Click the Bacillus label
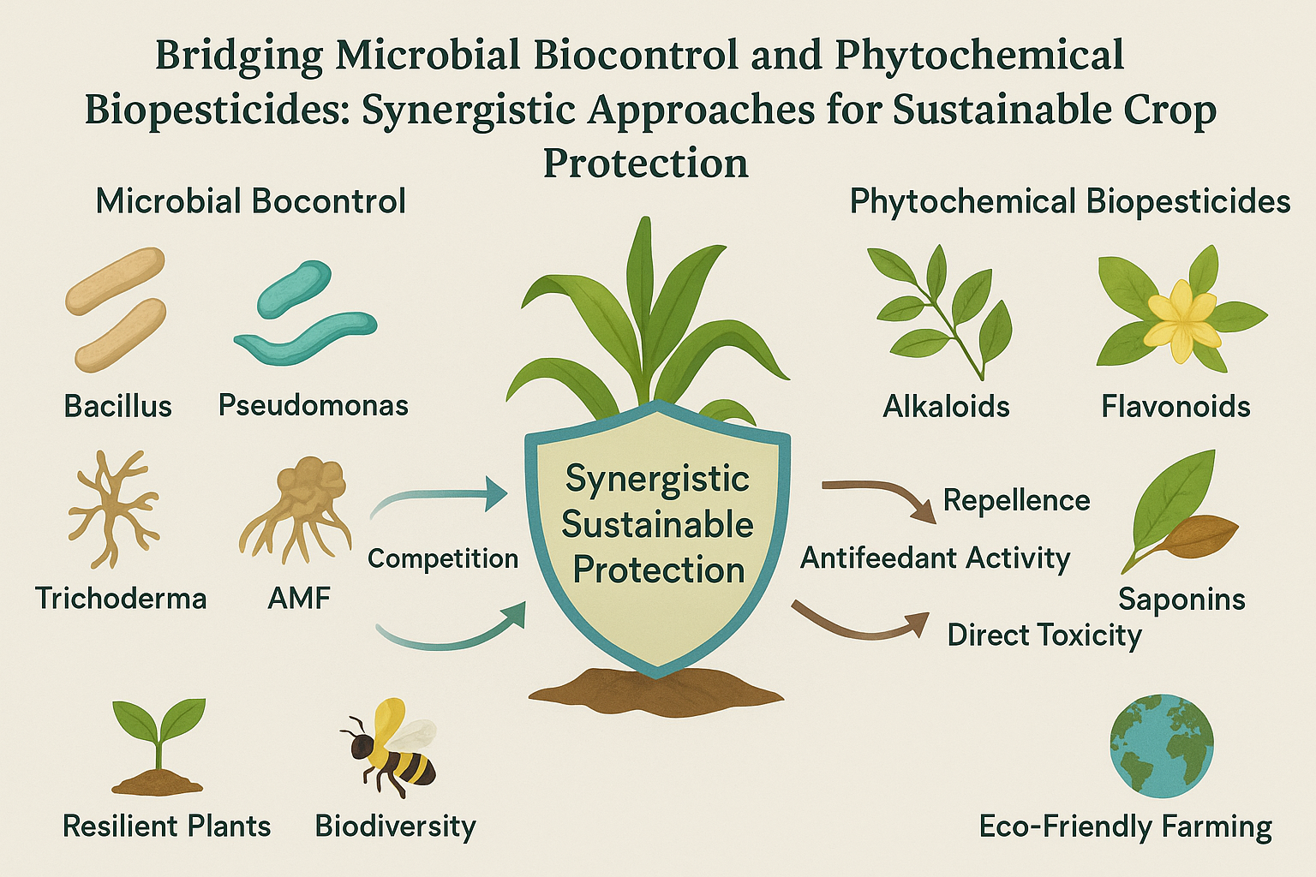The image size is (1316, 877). click(118, 405)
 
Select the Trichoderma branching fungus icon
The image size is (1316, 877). click(112, 509)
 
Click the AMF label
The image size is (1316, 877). click(299, 598)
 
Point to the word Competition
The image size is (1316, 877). click(443, 558)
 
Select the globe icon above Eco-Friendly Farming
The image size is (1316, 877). click(1161, 746)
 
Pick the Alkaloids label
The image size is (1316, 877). click(946, 405)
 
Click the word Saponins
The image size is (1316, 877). click(1181, 599)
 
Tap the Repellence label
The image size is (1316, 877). click(1016, 500)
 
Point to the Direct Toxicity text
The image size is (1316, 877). click(1044, 635)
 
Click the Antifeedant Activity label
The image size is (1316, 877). click(935, 558)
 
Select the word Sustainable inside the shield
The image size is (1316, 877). click(657, 524)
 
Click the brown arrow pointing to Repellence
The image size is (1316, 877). click(882, 498)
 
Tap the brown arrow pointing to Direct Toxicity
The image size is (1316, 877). click(861, 625)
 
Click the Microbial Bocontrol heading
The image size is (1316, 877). click(250, 201)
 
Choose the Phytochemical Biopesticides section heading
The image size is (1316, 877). click(1069, 201)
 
